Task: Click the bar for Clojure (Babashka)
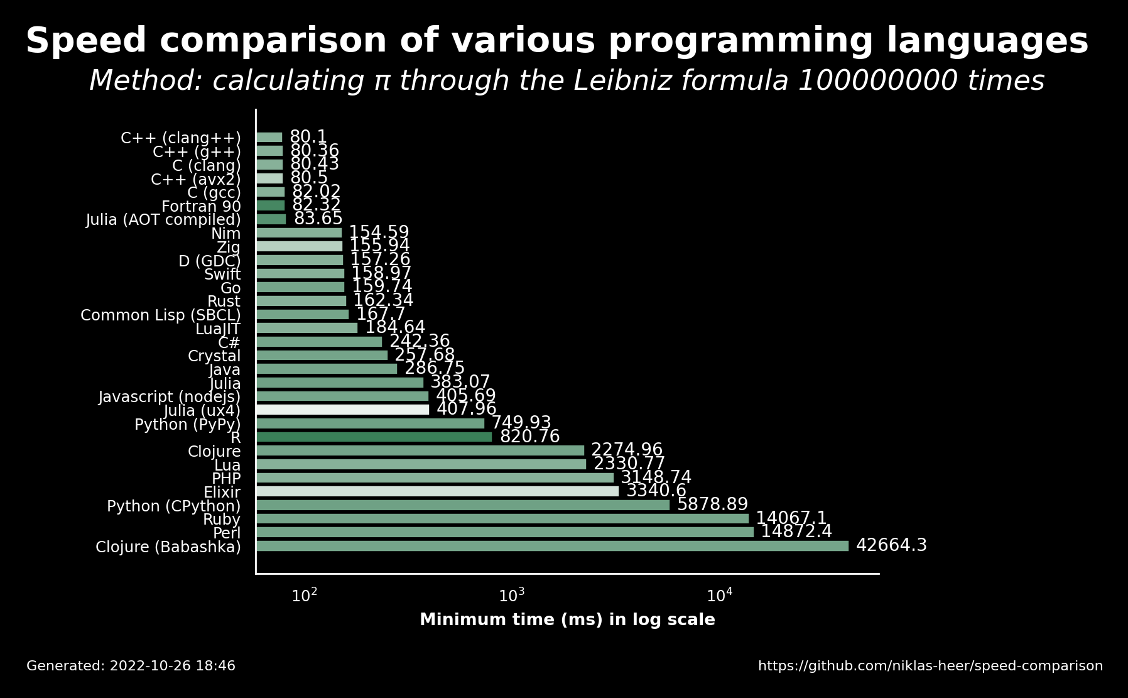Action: point(552,546)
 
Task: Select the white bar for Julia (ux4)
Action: point(342,410)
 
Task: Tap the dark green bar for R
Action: point(374,437)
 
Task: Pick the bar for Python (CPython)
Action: point(463,505)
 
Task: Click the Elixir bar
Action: point(437,491)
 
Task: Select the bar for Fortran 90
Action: point(270,205)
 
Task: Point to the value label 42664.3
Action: point(891,545)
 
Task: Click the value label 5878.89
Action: point(712,504)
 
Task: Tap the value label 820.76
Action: point(529,437)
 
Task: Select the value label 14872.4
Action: point(796,532)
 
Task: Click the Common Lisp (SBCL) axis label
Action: point(161,315)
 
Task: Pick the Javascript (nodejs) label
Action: point(170,397)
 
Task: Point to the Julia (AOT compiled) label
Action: point(163,220)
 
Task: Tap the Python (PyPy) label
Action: point(188,425)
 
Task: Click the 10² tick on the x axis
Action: point(305,595)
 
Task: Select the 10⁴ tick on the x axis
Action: point(720,595)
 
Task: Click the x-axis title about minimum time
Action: point(567,620)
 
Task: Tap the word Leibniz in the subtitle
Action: point(652,81)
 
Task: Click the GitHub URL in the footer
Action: point(930,666)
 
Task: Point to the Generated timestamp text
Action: point(131,666)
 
